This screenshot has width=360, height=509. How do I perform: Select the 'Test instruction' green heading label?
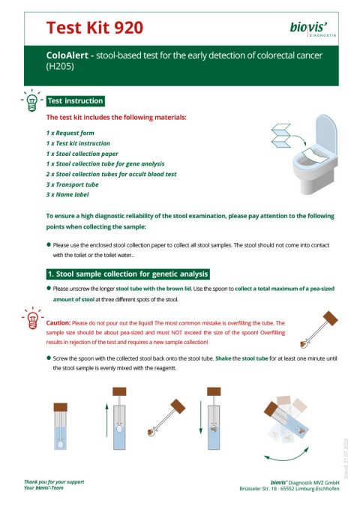pos(75,100)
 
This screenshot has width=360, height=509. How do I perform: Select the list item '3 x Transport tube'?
pos(75,184)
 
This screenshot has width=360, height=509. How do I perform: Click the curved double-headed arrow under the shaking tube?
pos(289,454)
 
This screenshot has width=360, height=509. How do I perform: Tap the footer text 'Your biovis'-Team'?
pos(49,487)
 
